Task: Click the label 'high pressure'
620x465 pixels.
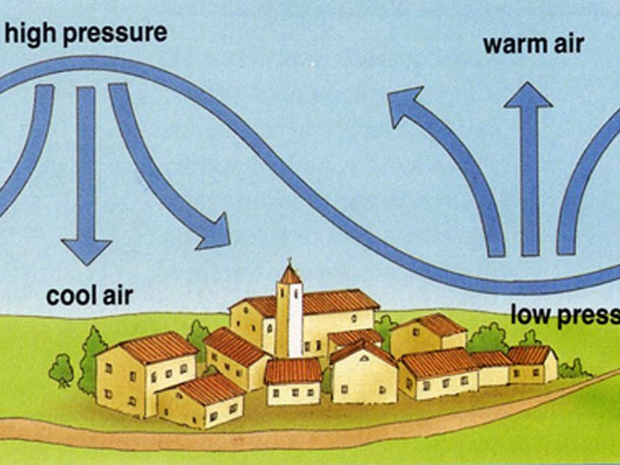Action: point(85,33)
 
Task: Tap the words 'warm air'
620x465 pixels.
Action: point(533,44)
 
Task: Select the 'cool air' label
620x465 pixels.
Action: point(90,296)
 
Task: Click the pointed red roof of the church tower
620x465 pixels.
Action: point(290,275)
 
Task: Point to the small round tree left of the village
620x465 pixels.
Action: point(61,369)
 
